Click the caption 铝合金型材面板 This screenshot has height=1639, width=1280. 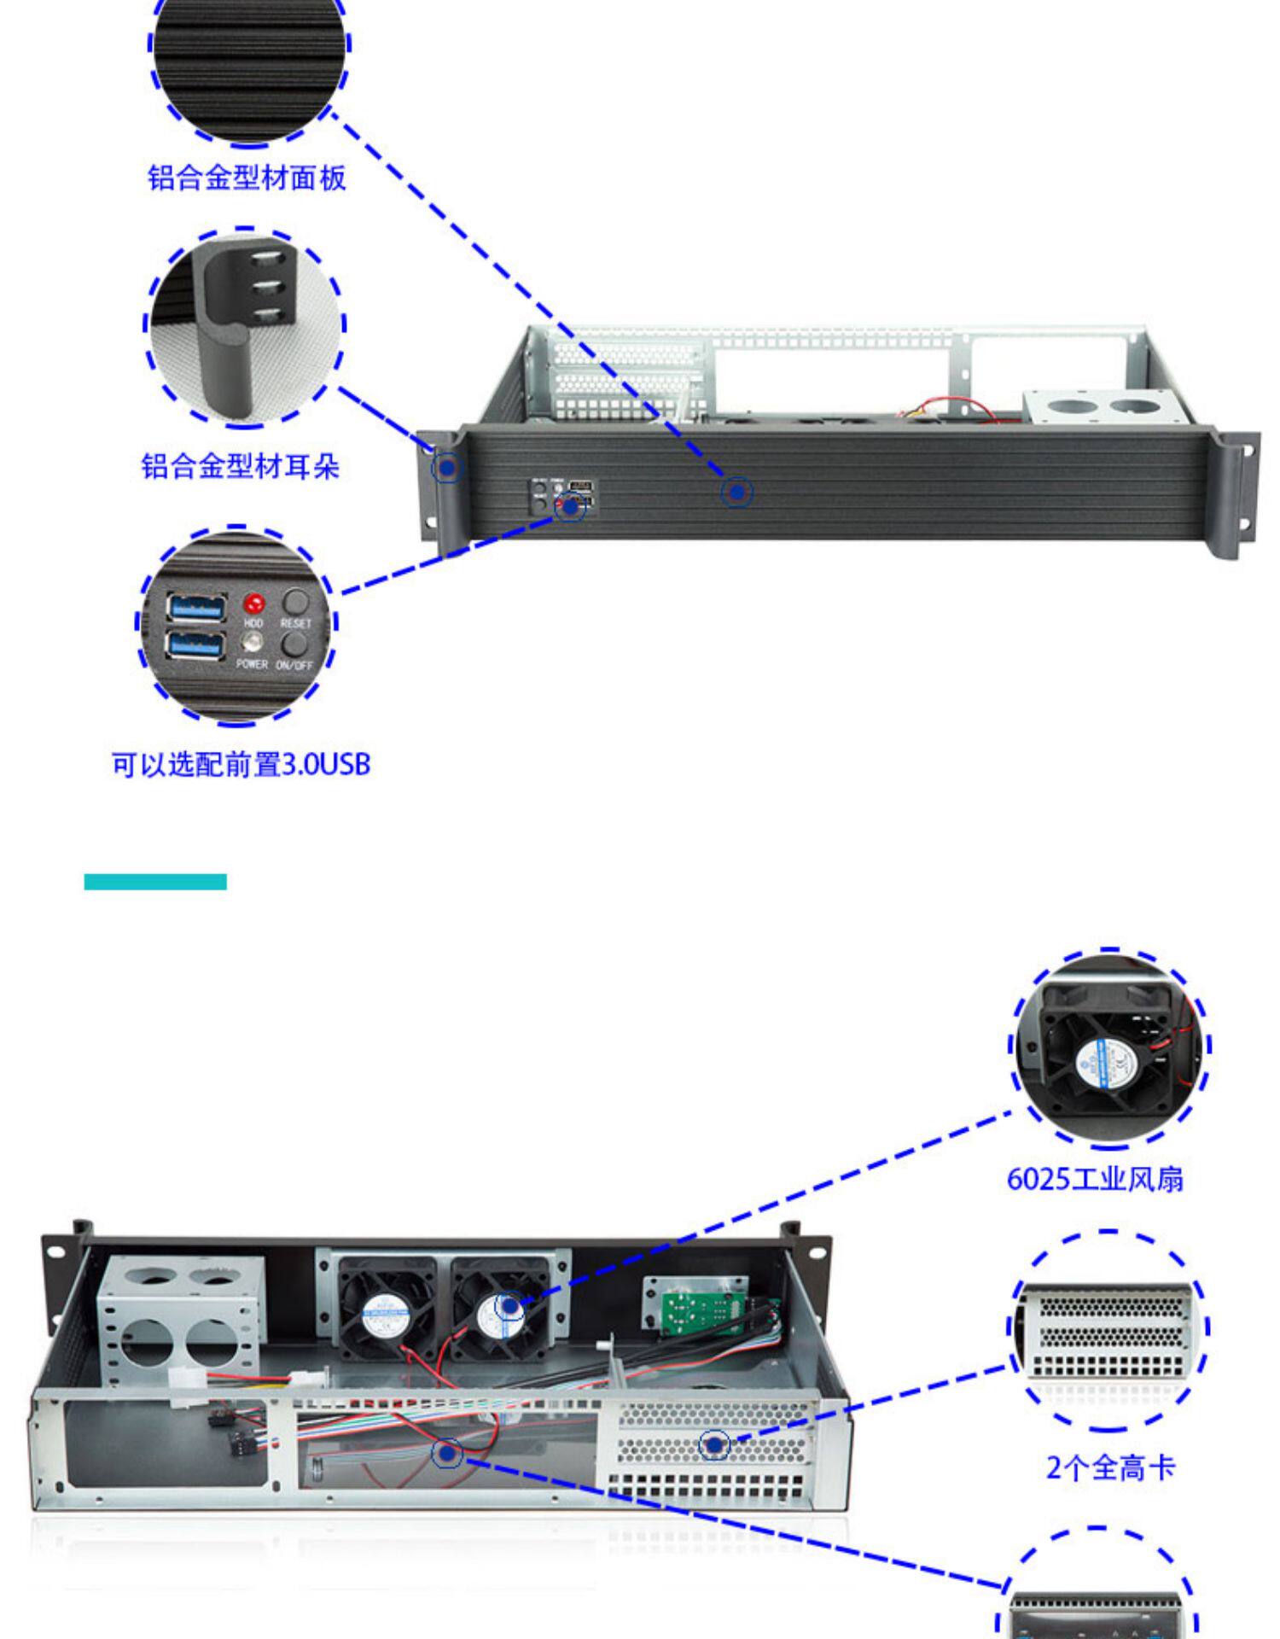247,178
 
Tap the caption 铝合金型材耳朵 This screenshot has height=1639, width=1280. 241,466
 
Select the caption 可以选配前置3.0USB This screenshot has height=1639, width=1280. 241,764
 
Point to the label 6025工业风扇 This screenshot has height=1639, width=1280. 1095,1179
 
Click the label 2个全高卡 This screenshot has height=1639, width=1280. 1111,1467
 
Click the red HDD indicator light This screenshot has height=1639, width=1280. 253,604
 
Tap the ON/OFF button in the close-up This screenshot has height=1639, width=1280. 295,642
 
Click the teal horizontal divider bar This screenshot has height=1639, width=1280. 155,882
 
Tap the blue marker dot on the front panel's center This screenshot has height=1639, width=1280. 737,492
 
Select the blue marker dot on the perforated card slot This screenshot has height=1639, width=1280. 713,1444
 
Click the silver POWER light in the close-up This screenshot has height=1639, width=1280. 253,642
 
